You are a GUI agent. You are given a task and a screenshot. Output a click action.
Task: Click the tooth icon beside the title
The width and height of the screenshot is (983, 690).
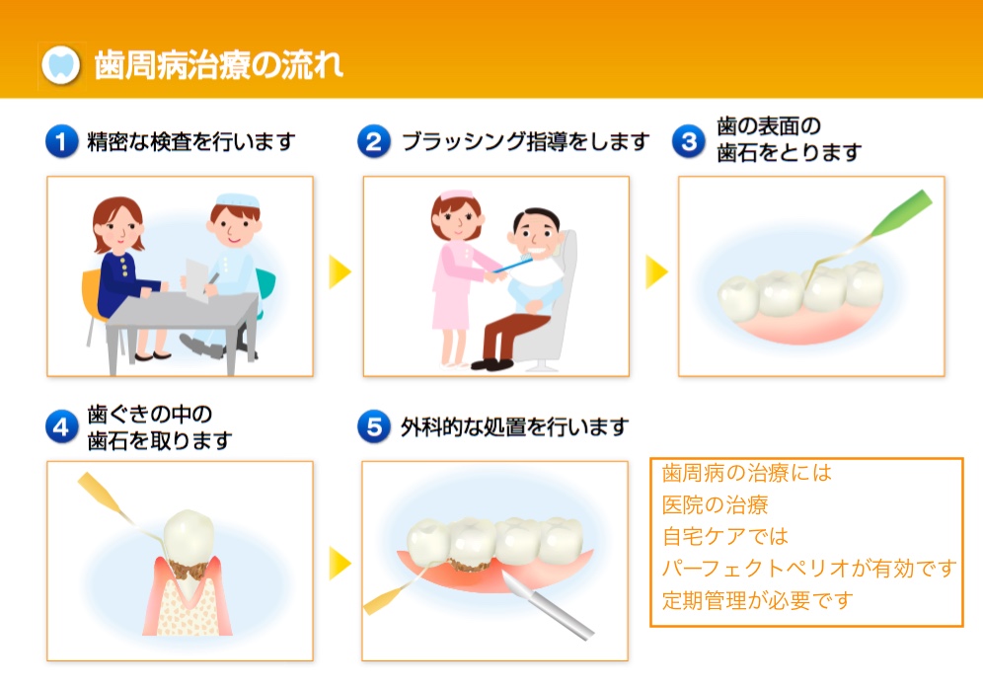tap(61, 65)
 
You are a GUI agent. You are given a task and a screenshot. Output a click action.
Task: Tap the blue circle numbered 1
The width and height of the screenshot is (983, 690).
tap(61, 141)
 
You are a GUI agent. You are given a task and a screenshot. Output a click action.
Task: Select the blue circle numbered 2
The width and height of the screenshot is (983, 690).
tap(374, 141)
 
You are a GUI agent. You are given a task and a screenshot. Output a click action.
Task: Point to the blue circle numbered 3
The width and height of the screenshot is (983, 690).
tap(688, 141)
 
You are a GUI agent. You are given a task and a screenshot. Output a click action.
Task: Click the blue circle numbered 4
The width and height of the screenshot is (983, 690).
tap(61, 427)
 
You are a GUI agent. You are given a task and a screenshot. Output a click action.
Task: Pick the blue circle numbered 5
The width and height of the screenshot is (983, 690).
tap(374, 427)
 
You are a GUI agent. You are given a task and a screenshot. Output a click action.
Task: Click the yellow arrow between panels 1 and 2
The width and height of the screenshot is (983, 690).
tap(340, 271)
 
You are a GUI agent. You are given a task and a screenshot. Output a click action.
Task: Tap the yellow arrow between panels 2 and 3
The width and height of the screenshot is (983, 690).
tap(656, 271)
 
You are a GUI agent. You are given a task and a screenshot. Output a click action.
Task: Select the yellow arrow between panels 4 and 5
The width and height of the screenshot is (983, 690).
tap(340, 563)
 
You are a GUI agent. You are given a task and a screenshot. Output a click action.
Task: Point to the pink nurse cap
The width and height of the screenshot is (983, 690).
tap(456, 194)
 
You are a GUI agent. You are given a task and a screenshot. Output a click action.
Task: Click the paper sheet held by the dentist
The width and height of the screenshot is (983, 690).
tap(196, 280)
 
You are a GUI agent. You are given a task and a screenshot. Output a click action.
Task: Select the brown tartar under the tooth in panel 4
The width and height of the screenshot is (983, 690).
tap(189, 571)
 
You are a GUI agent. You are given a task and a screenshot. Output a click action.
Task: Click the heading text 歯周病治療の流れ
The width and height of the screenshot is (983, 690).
tap(219, 65)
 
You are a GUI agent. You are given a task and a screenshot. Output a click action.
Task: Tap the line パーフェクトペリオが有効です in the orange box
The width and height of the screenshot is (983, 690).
tap(808, 569)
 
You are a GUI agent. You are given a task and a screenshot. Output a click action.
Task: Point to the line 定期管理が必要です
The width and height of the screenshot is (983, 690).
tap(757, 601)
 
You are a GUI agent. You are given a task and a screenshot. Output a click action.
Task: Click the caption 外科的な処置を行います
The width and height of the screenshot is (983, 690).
tap(515, 427)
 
